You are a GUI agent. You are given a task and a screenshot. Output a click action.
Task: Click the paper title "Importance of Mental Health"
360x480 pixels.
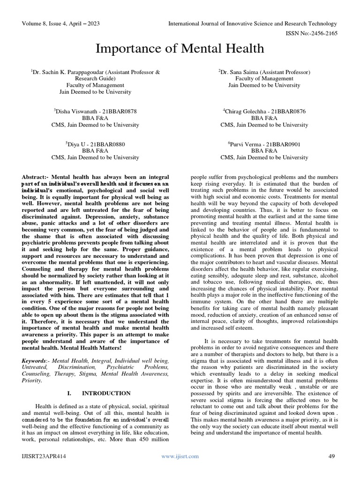click(x=180, y=48)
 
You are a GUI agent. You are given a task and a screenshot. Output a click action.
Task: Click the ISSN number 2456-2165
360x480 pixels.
click(x=322, y=33)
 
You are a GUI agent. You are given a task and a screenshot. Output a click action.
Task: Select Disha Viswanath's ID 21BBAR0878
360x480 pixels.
click(x=118, y=112)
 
